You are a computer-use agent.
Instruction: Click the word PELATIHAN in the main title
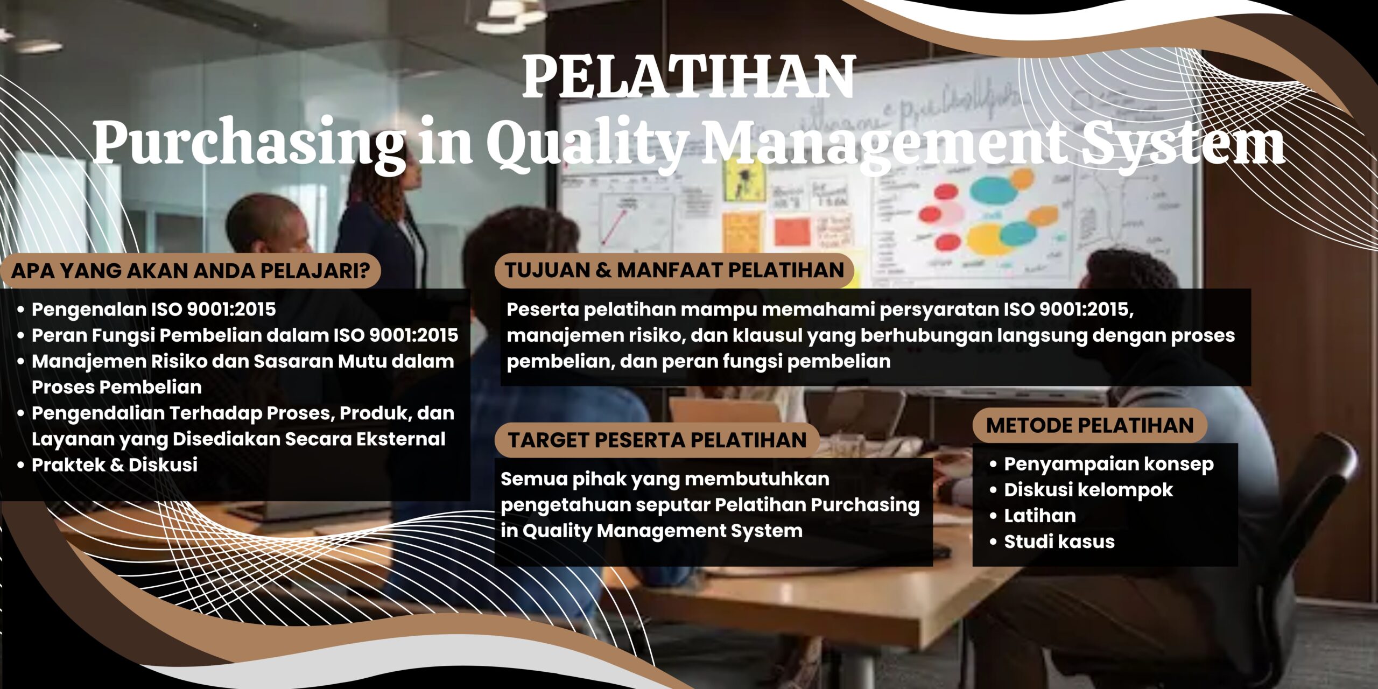[688, 77]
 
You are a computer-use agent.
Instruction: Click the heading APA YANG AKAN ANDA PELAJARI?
[191, 271]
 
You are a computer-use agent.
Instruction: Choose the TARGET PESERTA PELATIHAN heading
[657, 440]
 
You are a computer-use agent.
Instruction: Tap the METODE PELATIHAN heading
[1089, 426]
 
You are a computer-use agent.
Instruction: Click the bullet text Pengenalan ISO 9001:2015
[153, 310]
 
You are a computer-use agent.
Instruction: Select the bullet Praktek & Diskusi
[115, 465]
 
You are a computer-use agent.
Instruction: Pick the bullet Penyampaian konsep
[1108, 464]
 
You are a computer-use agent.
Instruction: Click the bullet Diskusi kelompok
[1088, 490]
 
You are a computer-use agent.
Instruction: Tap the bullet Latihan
[1039, 516]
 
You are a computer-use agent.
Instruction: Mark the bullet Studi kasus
[1059, 542]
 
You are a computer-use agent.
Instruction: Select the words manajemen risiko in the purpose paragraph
[595, 335]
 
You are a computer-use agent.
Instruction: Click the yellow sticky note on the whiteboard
[744, 180]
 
